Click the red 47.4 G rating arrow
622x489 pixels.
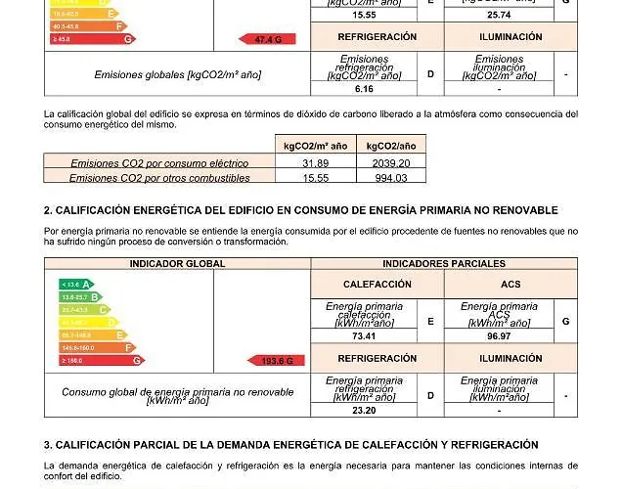pyautogui.click(x=268, y=39)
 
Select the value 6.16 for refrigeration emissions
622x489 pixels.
pyautogui.click(x=364, y=89)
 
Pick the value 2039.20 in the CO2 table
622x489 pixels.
pyautogui.click(x=390, y=163)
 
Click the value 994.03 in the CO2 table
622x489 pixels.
pyautogui.click(x=390, y=178)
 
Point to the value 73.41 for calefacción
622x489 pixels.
pyautogui.click(x=364, y=336)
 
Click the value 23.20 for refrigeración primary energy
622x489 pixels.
pyautogui.click(x=364, y=411)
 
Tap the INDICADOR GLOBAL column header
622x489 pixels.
pyautogui.click(x=177, y=264)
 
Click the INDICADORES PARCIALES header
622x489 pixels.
pyautogui.click(x=444, y=264)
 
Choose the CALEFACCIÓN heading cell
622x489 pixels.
pyautogui.click(x=377, y=284)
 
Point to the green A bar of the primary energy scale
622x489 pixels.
pyautogui.click(x=76, y=285)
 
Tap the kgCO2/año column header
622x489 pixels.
pyautogui.click(x=390, y=146)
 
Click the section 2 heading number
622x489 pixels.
pyautogui.click(x=48, y=210)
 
